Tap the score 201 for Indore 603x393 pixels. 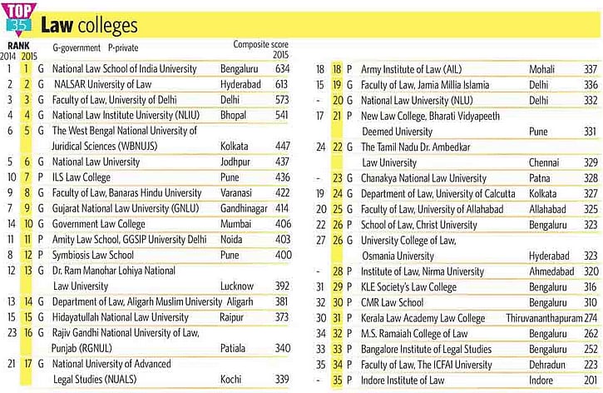tap(591, 381)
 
